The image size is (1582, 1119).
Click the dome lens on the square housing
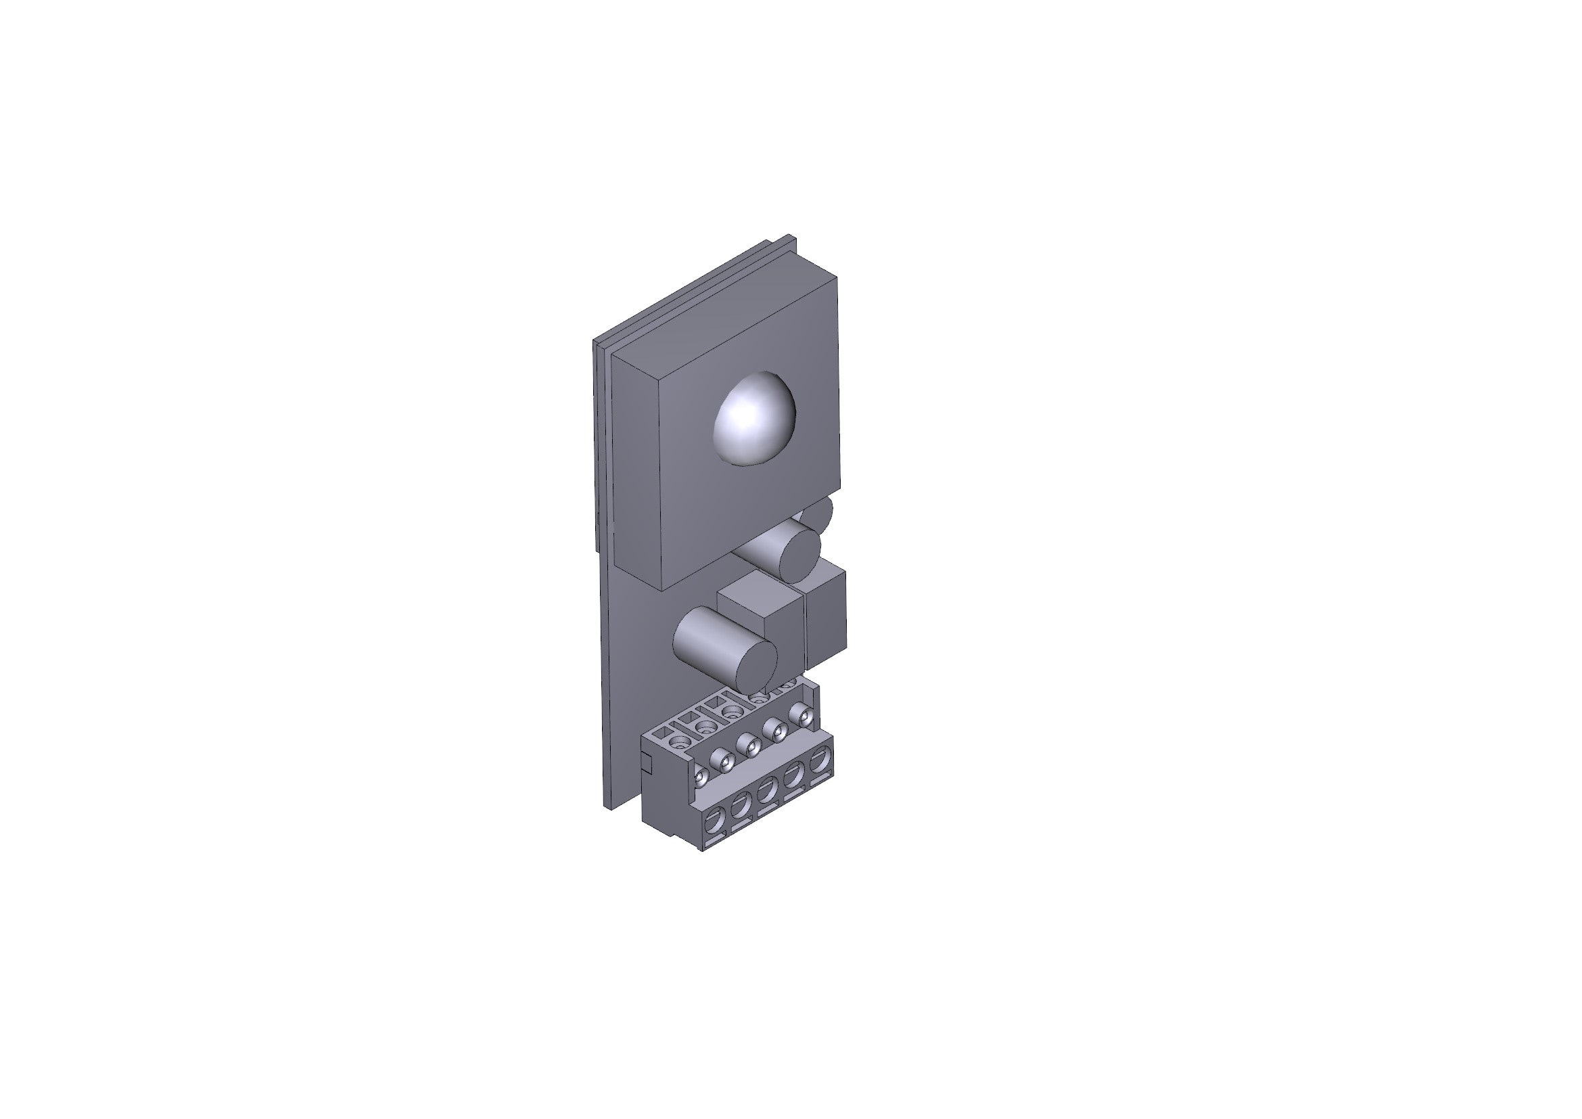click(x=755, y=419)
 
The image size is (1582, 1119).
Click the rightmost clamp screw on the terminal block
click(x=800, y=714)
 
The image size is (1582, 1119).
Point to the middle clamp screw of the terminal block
click(x=748, y=745)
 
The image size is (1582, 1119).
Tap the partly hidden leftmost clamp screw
click(x=700, y=777)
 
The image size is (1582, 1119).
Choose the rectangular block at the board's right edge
click(x=825, y=613)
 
